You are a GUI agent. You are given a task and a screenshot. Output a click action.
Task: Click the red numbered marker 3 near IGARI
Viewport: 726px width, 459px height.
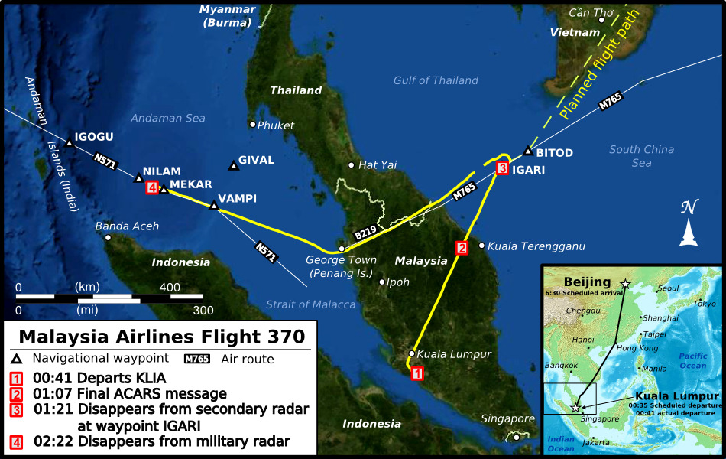pos(502,168)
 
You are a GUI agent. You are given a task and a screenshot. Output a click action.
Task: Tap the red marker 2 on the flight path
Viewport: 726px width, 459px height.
pos(461,248)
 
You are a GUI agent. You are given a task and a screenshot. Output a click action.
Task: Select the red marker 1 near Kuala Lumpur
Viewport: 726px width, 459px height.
pos(417,373)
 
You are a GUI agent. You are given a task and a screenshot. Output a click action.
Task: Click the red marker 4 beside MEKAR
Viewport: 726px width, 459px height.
pos(152,188)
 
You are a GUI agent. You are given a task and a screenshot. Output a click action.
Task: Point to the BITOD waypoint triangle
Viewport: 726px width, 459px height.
pos(527,151)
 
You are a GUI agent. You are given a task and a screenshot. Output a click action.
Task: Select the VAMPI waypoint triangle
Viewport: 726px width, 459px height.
pos(214,205)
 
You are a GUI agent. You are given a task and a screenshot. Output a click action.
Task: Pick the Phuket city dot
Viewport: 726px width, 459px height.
pos(253,124)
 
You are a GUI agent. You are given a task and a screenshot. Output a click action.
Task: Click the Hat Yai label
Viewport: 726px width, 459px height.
pos(378,164)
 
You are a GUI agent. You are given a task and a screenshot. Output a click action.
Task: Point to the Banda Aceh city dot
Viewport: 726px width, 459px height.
pos(108,237)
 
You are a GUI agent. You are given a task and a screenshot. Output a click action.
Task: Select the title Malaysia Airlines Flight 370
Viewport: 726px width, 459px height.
pos(162,337)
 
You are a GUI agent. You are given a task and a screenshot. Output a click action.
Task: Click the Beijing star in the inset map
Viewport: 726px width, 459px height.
pos(626,284)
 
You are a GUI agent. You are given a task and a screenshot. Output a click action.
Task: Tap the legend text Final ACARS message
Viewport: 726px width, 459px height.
pos(152,394)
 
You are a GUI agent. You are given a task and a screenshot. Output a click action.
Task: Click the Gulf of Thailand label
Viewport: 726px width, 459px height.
pos(436,80)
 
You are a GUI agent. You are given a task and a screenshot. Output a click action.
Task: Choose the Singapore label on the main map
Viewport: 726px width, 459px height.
pos(507,418)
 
